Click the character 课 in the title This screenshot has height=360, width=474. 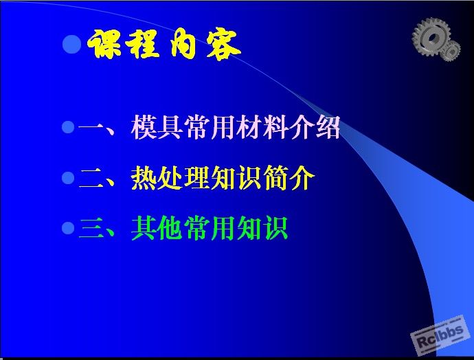[x=104, y=44]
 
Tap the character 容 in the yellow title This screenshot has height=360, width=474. [x=223, y=45]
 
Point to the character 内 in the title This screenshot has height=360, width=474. [x=183, y=43]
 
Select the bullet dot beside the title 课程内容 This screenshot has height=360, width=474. [x=72, y=44]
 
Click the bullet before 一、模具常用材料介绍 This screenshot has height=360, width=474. [x=68, y=127]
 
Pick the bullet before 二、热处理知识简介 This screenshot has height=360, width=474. [x=68, y=178]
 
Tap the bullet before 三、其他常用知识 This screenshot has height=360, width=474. [x=68, y=228]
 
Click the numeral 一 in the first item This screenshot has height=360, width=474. [x=91, y=127]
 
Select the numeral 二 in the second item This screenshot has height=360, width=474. [x=92, y=178]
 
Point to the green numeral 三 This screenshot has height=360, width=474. [x=92, y=228]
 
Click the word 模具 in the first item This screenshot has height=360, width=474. [x=157, y=127]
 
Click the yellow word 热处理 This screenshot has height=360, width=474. [x=170, y=178]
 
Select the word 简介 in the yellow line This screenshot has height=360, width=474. [x=289, y=178]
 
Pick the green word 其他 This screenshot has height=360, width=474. [x=157, y=228]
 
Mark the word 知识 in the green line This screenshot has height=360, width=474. [x=262, y=228]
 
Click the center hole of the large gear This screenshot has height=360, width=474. [x=433, y=38]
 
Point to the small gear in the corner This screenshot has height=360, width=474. [x=451, y=51]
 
